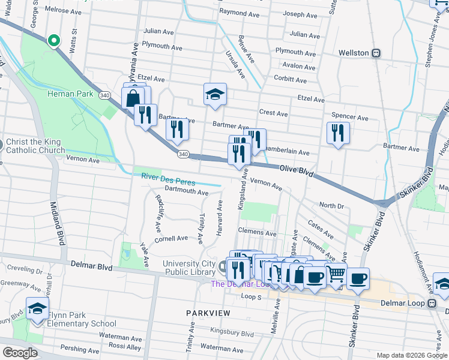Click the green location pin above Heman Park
[53, 40]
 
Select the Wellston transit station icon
[376, 53]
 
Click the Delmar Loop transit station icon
[432, 304]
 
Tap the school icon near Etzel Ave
[215, 94]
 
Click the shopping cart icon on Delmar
[336, 274]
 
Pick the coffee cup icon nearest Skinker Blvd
[358, 278]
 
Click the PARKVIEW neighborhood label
[208, 313]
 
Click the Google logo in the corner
[20, 353]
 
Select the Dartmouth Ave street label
[186, 193]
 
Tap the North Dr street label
[331, 205]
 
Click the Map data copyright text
[411, 355]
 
